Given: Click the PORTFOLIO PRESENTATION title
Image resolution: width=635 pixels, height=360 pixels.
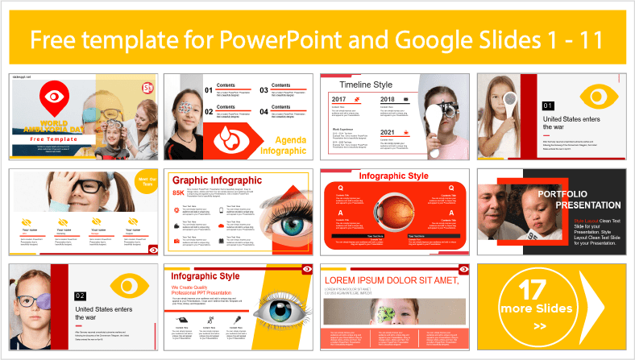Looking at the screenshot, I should tap(569, 199).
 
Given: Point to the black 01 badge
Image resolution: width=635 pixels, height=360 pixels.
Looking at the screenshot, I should tap(525, 106).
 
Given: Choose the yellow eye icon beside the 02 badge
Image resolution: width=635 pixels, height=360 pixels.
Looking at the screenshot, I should tap(124, 285).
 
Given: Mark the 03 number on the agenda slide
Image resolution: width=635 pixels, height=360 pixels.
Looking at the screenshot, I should tap(264, 91).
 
